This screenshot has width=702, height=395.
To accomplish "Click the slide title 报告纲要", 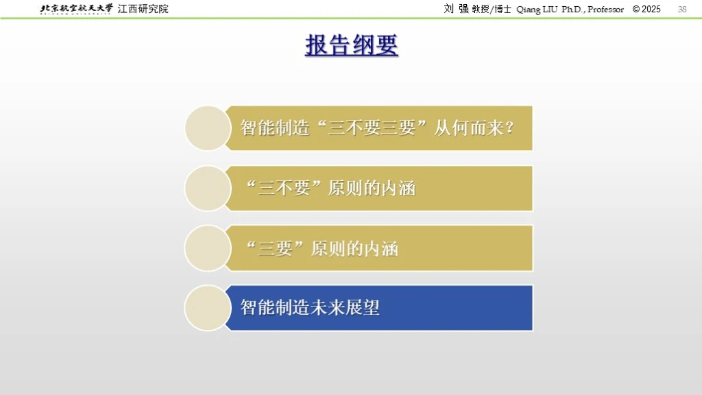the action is pos(352,45).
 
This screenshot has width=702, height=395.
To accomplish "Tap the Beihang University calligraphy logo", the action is pos(76,9).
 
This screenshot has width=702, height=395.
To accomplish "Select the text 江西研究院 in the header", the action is pos(143,9).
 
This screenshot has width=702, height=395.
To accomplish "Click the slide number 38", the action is pos(682,9).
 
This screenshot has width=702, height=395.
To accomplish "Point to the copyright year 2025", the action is pos(651,9).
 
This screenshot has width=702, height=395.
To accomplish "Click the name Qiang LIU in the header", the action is pos(537,10).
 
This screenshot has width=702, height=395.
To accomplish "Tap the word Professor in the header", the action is pos(606,10).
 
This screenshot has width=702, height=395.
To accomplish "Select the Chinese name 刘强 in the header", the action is pos(456,8).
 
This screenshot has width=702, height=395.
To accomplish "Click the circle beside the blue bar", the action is pos(208,308).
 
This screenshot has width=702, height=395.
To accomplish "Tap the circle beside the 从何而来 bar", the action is pos(208,128).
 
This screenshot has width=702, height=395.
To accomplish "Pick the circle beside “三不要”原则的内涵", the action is pos(208,189).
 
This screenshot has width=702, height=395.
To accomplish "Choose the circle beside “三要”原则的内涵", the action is pos(208,248).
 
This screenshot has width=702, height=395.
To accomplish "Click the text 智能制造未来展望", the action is pos(310,308).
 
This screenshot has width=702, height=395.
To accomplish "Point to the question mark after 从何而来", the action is pos(509,128).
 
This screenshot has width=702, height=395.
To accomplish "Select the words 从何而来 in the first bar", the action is pos(469,128).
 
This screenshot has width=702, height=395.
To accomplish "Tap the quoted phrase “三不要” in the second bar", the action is pos(284,189).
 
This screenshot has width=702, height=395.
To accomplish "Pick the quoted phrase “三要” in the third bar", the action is pos(276,248).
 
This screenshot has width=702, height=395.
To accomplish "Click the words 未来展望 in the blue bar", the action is pos(346,308).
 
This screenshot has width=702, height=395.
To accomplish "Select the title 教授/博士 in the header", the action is pos(492,10).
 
